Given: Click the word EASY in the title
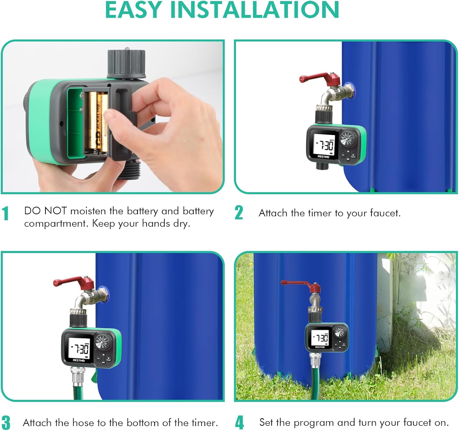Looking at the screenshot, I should (133, 10).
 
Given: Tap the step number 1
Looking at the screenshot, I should (5, 214).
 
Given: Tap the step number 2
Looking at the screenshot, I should (239, 213).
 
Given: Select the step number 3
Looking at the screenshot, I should (6, 423).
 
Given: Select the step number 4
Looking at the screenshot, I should (239, 423).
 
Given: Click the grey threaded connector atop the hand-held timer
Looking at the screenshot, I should (126, 64).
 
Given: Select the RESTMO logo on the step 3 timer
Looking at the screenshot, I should (79, 361).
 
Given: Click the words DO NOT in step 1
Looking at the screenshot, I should (45, 211).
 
